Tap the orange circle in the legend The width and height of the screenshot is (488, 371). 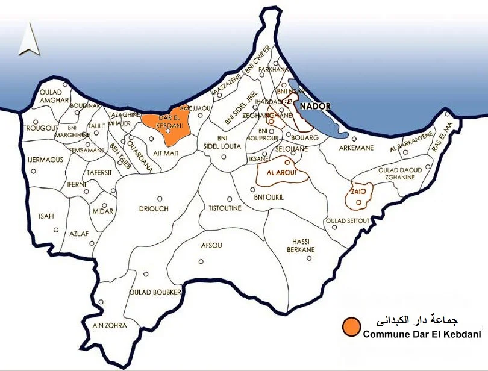[349, 327]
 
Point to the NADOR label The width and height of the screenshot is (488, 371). [315, 107]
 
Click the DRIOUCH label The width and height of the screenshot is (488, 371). [154, 208]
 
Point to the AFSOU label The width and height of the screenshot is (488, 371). [211, 245]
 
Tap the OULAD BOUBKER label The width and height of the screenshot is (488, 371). [155, 292]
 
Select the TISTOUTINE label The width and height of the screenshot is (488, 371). [225, 208]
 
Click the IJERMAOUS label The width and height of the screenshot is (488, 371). [45, 160]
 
